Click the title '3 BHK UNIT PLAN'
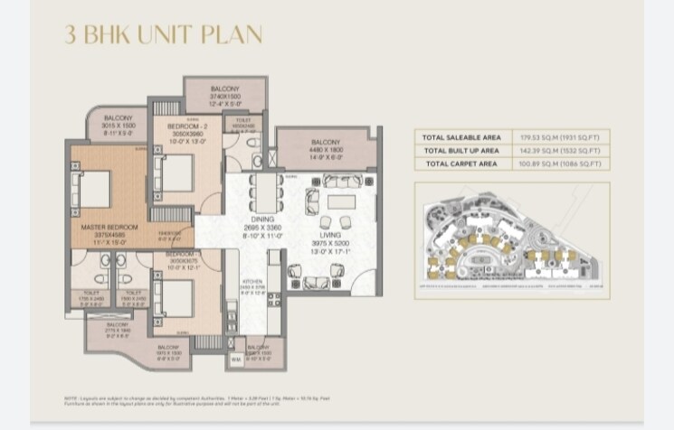pos(163,35)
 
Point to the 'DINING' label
pos(263,220)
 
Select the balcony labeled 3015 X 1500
pos(118,118)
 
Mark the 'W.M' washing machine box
pos(236,360)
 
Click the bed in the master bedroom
pos(93,189)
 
